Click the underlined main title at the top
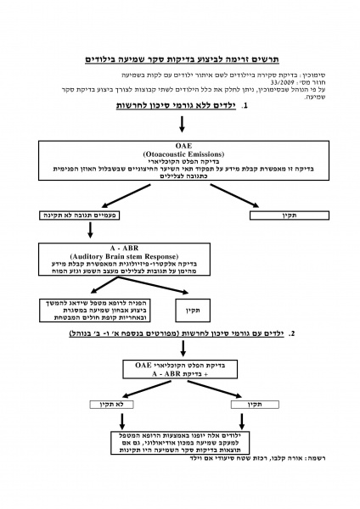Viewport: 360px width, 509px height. pos(180,61)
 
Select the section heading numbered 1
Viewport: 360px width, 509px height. pos(181,107)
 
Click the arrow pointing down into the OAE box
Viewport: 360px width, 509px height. pos(181,125)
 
